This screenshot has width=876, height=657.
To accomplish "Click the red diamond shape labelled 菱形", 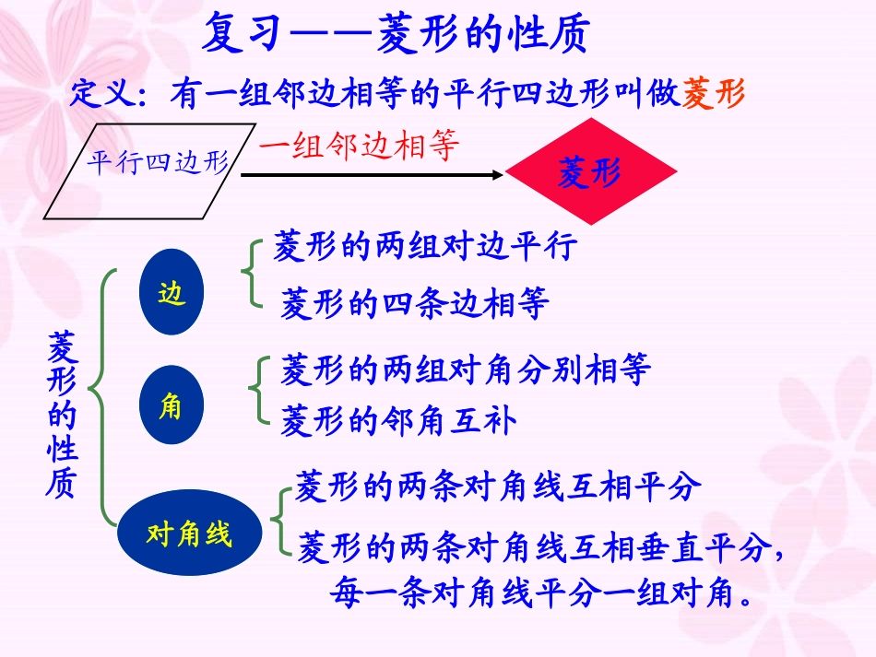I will (x=590, y=172).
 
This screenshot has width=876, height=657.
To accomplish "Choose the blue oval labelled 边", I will (x=172, y=294).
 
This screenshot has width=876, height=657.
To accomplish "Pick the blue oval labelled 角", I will (x=171, y=405).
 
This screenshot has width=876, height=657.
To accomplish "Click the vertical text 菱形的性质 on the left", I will (x=62, y=416).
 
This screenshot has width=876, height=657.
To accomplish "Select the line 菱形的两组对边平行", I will (x=425, y=247).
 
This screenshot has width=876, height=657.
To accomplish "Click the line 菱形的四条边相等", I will (x=415, y=303).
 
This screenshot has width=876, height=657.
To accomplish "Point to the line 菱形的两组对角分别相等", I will (x=466, y=370).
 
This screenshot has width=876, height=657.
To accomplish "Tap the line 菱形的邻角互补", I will (x=398, y=420).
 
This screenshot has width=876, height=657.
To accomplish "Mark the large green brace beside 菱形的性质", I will (x=102, y=396).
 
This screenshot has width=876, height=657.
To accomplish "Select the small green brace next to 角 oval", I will (x=257, y=393).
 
